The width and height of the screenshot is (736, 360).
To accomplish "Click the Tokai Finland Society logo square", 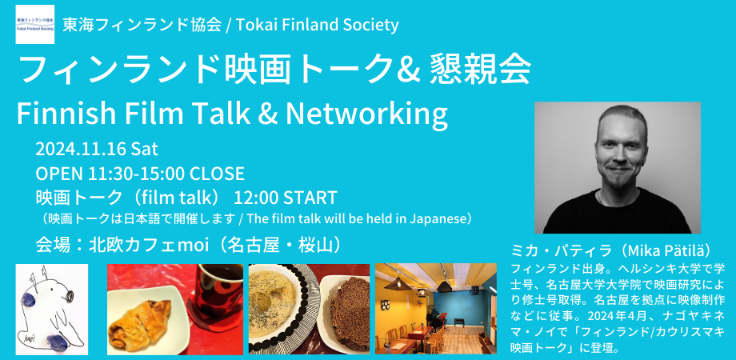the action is pos(34,25).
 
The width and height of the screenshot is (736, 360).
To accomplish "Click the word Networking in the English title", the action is pos(366,115).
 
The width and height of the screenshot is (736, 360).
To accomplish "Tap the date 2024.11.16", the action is pos(81,150).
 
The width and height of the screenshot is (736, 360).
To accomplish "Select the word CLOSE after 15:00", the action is pos(217,174).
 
